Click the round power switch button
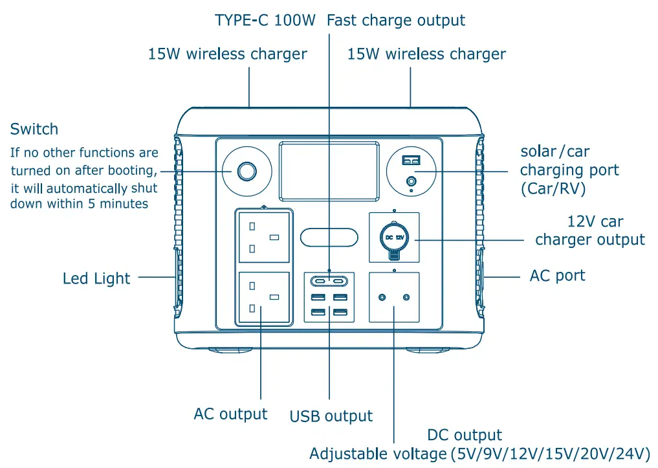[246, 172]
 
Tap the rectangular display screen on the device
[329, 170]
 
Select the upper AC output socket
[263, 236]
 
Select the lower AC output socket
[263, 297]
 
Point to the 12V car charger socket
[394, 238]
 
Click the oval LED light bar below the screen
[329, 237]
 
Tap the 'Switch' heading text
[34, 129]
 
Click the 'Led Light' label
[96, 279]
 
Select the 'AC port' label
[557, 276]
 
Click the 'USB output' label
[331, 416]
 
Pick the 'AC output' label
[230, 414]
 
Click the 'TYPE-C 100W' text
[265, 21]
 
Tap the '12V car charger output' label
[590, 231]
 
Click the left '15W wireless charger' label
[228, 54]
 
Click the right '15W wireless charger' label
[426, 54]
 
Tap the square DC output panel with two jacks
[394, 297]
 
